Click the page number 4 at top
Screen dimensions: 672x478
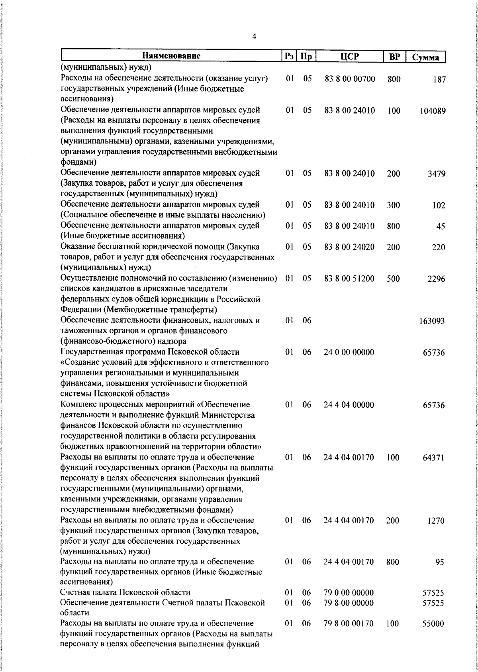click(x=254, y=37)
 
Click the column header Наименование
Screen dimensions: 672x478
click(x=171, y=56)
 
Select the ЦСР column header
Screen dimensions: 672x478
click(x=349, y=57)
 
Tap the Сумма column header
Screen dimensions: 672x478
click(x=425, y=57)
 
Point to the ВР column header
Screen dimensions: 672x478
click(x=394, y=57)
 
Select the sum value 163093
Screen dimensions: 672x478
click(x=432, y=321)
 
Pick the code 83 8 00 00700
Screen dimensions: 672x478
click(x=350, y=79)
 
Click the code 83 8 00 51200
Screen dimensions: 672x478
click(x=349, y=279)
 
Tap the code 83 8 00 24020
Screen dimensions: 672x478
click(x=349, y=247)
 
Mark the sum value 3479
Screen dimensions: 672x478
click(x=437, y=174)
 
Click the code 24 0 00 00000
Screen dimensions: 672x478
click(x=349, y=352)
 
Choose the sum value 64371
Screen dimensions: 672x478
click(x=433, y=458)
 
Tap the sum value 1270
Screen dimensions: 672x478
click(x=436, y=521)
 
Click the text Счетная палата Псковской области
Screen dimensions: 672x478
click(x=125, y=592)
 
